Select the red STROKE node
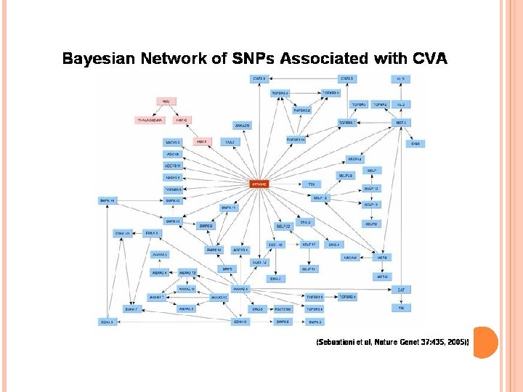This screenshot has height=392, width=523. [x=259, y=184]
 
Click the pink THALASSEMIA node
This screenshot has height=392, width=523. [x=150, y=120]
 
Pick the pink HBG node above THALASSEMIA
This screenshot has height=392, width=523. [x=166, y=101]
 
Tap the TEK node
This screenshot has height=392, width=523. [x=312, y=184]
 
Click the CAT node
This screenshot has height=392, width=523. [x=400, y=290]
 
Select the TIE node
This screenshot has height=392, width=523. [x=400, y=309]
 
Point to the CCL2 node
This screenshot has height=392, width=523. [x=230, y=142]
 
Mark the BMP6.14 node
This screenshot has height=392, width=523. [x=108, y=200]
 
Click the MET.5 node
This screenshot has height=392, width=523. [x=400, y=123]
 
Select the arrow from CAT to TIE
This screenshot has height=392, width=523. [x=400, y=299]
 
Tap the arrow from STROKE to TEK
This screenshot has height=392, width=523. [x=287, y=184]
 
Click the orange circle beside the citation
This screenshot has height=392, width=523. [x=485, y=341]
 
